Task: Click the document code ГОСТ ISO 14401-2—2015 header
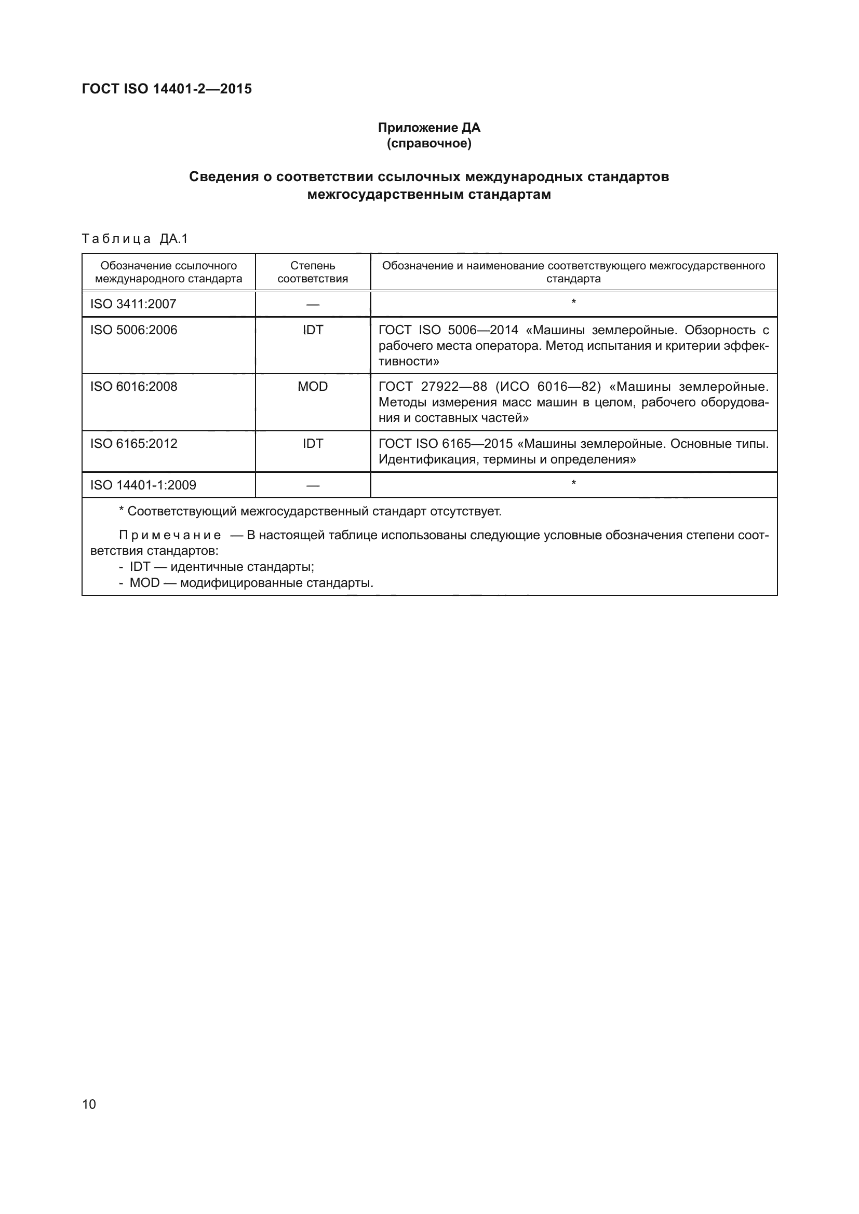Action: click(x=167, y=89)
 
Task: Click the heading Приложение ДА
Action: click(x=429, y=128)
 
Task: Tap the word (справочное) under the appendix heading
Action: click(x=429, y=143)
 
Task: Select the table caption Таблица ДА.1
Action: click(x=135, y=239)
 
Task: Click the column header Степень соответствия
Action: click(x=313, y=272)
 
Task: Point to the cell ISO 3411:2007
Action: click(x=133, y=304)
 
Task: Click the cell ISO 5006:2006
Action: click(x=134, y=330)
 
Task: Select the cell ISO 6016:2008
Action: click(x=134, y=387)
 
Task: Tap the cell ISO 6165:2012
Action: click(x=134, y=444)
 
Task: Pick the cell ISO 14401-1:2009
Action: click(x=143, y=485)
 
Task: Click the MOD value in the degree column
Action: click(x=313, y=387)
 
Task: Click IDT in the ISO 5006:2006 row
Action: click(x=313, y=330)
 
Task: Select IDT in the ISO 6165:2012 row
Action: click(x=313, y=444)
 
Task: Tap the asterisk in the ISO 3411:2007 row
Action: click(x=573, y=303)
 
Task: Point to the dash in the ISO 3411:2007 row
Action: click(x=313, y=305)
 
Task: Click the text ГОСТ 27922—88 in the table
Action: click(x=433, y=387)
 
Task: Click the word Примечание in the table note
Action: click(x=170, y=536)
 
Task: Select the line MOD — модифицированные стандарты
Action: click(x=251, y=583)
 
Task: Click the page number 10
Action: click(x=89, y=1104)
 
